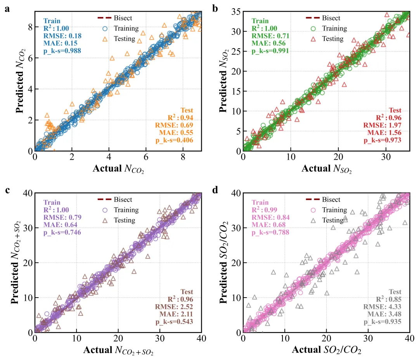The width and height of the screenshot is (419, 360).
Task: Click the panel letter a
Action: click(7, 9)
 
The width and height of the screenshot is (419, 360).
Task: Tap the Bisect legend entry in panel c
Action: click(123, 200)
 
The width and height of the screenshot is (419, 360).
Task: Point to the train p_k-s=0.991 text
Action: click(270, 51)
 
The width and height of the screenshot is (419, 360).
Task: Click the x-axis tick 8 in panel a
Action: click(182, 157)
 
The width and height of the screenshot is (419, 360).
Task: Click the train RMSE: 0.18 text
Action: click(62, 36)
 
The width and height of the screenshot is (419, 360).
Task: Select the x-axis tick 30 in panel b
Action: click(385, 157)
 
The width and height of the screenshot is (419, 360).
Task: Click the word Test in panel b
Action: click(395, 110)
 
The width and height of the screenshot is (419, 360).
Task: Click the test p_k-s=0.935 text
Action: click(382, 322)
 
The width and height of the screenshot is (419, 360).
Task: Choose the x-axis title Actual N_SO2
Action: click(326, 169)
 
